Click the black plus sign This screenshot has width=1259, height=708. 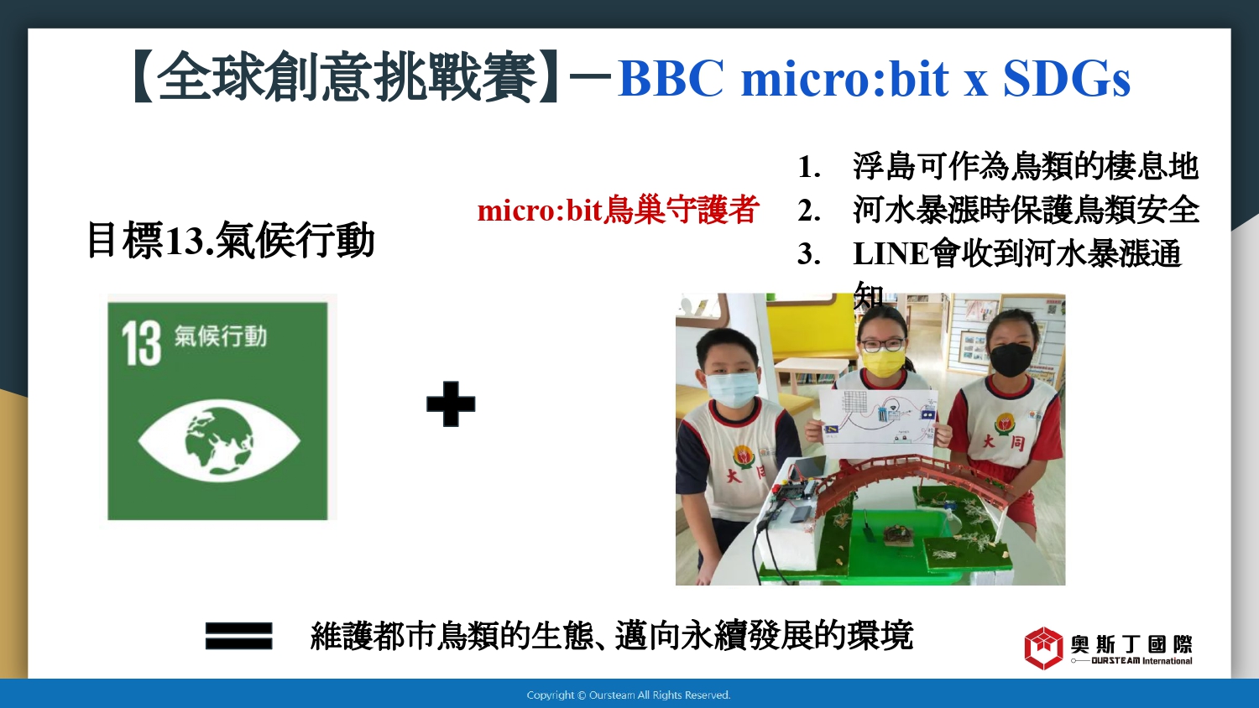click(x=451, y=404)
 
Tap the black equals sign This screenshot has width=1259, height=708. click(x=239, y=636)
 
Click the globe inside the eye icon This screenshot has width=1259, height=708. click(x=218, y=440)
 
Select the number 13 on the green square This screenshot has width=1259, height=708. click(x=141, y=343)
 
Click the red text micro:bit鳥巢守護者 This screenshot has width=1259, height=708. click(x=619, y=211)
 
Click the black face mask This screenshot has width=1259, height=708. click(x=1011, y=359)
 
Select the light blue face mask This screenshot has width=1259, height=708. click(x=730, y=389)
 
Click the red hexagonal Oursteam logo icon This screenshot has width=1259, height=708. click(x=1044, y=648)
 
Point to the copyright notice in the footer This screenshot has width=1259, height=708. click(x=629, y=695)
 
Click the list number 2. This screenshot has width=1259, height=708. click(x=809, y=211)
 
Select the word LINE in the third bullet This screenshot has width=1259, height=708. click(x=891, y=254)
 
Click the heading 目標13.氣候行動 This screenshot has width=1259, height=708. click(x=231, y=240)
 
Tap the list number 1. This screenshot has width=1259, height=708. click(x=809, y=168)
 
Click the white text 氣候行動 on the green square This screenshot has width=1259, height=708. click(x=220, y=336)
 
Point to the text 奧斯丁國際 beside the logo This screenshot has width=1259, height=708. click(x=1131, y=644)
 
